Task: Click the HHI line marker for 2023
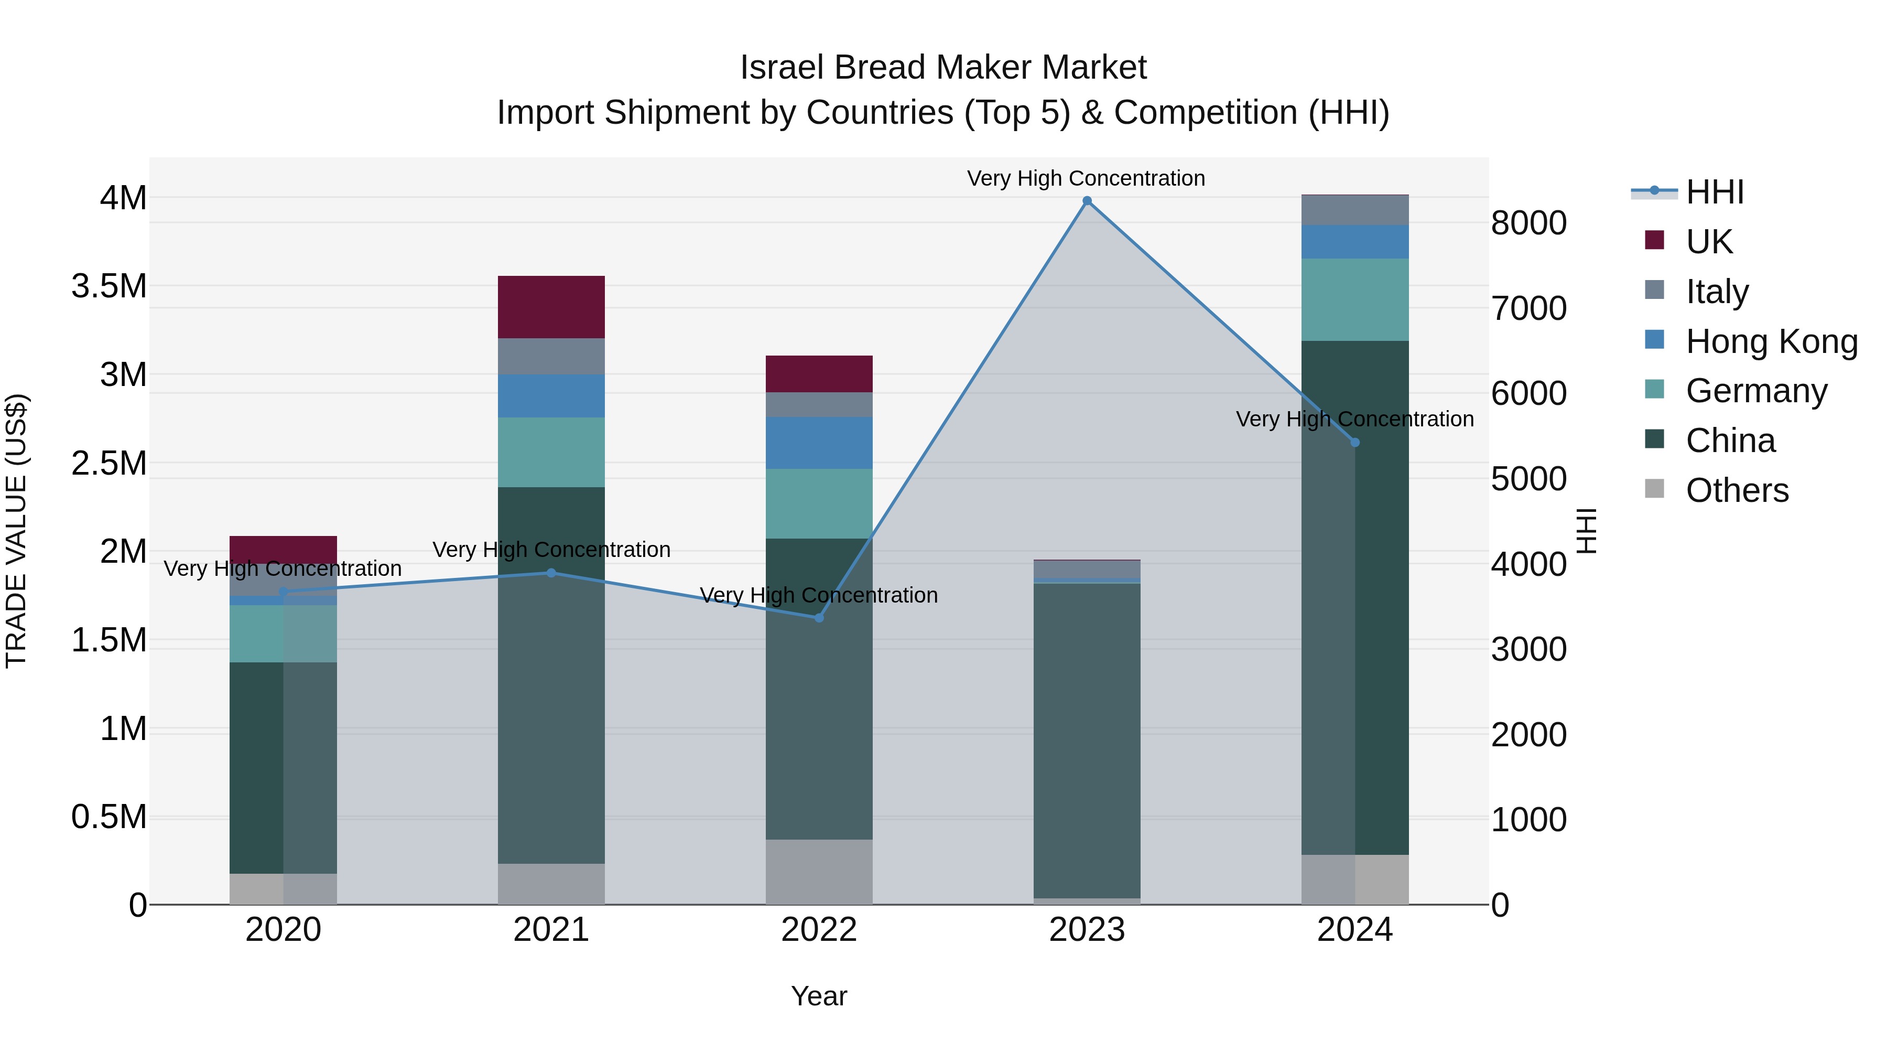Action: (1087, 201)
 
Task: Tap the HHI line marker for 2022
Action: (819, 618)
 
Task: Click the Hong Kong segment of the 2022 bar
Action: (819, 443)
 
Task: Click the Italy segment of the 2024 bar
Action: (1354, 210)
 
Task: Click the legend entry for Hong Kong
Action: (1771, 341)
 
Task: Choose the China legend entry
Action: (1730, 441)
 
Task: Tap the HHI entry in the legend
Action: (1714, 192)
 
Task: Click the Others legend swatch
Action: (1654, 489)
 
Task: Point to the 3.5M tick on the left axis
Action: (109, 286)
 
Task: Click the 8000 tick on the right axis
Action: (1529, 223)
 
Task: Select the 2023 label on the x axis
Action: (1087, 929)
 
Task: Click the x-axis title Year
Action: (819, 996)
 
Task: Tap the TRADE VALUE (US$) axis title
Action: (16, 531)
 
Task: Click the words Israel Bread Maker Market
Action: (943, 68)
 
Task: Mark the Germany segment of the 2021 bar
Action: (551, 452)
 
